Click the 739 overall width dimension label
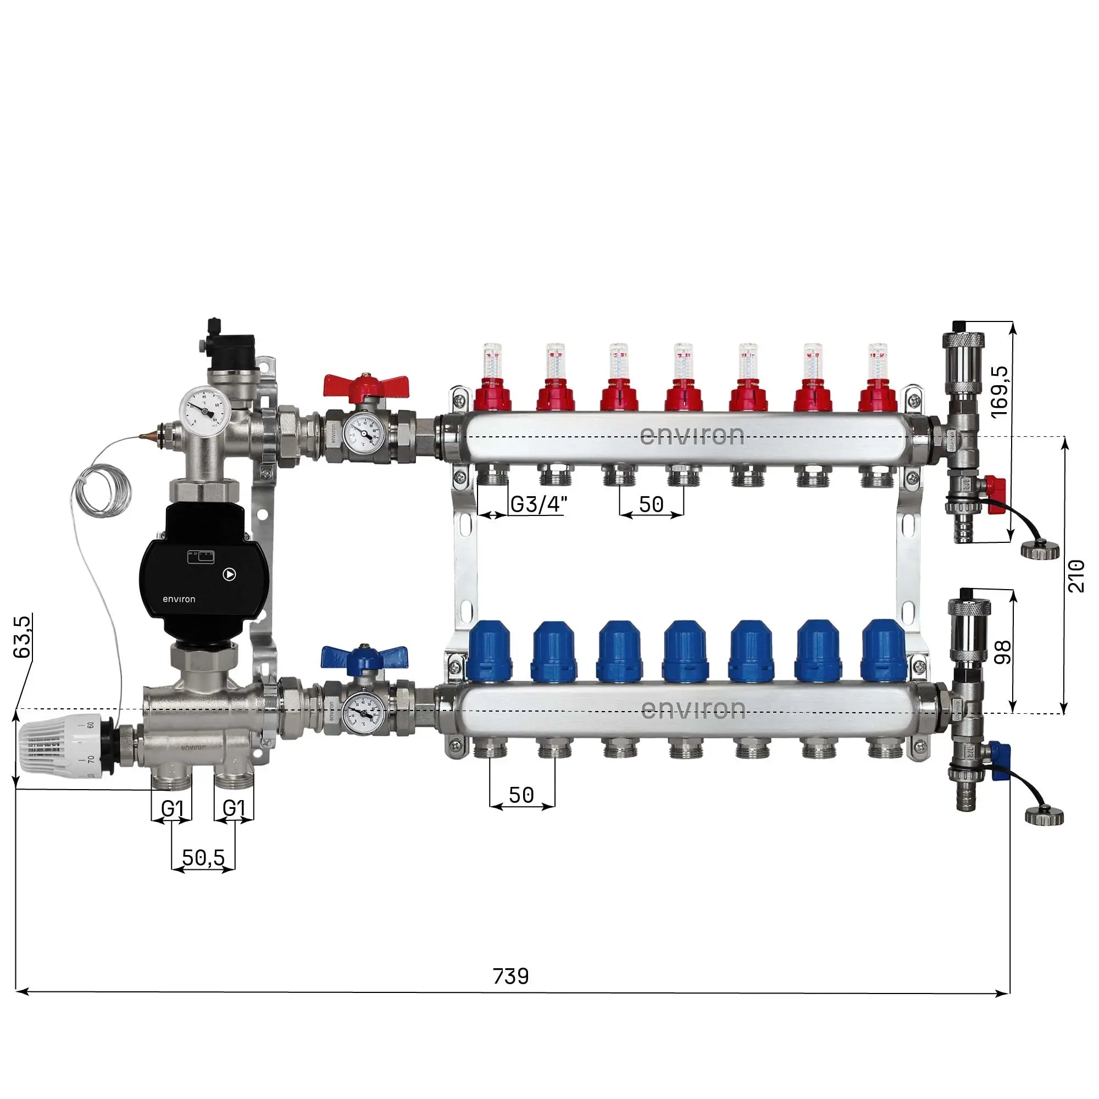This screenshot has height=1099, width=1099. click(x=510, y=976)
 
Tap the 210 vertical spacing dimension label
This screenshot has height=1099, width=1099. click(x=1076, y=576)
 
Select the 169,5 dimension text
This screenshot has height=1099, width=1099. click(x=1000, y=392)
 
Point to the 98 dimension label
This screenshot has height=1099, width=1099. click(x=1003, y=652)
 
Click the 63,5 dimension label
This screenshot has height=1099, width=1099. click(x=23, y=636)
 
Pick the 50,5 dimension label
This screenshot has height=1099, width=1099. click(x=203, y=857)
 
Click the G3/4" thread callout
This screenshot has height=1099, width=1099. click(x=538, y=504)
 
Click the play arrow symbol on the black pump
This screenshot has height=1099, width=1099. click(x=229, y=575)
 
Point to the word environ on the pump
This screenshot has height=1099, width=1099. click(x=179, y=599)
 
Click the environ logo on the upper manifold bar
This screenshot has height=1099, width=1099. click(x=692, y=436)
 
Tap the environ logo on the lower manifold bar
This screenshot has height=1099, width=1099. click(x=693, y=709)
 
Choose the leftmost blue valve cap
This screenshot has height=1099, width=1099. click(x=490, y=651)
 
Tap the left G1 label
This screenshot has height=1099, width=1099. click(x=172, y=808)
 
